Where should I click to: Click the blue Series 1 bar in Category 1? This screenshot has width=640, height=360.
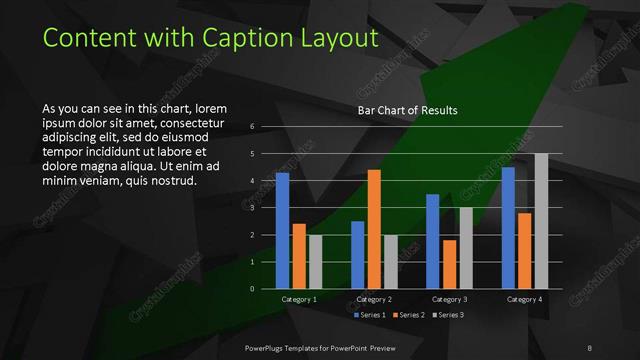coord(282,230)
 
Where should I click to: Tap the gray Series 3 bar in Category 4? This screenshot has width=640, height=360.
coord(541,221)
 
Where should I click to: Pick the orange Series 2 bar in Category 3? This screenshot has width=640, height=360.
coord(449,264)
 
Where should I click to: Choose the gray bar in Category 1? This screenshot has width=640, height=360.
coord(315,261)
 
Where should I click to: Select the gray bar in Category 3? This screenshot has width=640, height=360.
coord(466,248)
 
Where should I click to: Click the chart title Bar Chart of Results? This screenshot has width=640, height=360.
coord(407,111)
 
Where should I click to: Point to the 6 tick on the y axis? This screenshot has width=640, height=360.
coord(253,126)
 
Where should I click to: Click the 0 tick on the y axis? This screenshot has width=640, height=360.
coord(253,288)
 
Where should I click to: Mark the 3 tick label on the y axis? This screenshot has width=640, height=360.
coord(253,207)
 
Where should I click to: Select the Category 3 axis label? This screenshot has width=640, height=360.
coord(449,299)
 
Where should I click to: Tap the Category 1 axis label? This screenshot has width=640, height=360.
coord(297,299)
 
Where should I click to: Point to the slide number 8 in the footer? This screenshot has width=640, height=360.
coord(590,345)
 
